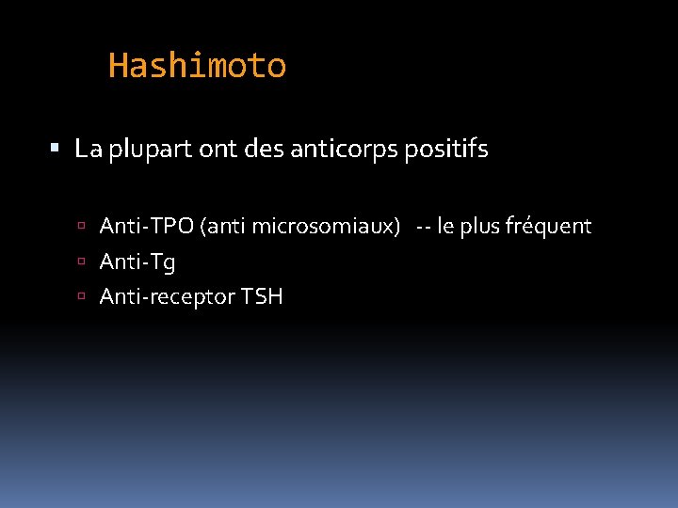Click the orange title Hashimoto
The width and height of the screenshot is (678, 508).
pos(197,66)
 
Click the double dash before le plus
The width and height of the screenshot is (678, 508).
pos(424,227)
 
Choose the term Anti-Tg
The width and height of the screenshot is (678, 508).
pos(137,262)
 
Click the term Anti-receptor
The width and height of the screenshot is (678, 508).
pos(167,297)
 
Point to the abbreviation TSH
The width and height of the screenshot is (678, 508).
pos(262,297)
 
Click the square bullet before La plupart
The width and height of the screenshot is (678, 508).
pos(55,149)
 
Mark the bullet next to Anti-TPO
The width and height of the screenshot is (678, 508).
pos(83,227)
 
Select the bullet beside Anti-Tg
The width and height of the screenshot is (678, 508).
pos(83,262)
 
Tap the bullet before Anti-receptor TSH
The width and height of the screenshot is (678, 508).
pos(83,298)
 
